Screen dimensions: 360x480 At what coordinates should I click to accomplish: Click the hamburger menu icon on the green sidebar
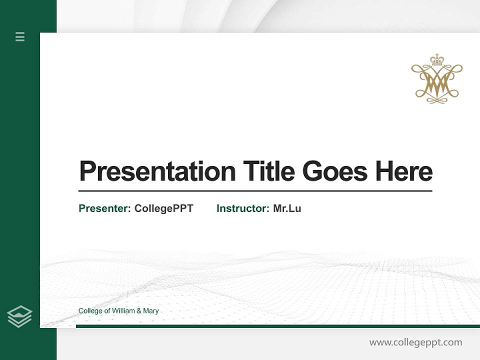coord(20,36)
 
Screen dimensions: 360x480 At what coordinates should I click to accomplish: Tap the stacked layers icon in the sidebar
coord(19,316)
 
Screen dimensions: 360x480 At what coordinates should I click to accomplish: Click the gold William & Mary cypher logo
coord(437,80)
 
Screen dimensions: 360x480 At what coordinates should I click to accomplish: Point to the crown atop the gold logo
coord(437,60)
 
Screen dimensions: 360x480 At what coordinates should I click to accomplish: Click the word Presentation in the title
coord(157,171)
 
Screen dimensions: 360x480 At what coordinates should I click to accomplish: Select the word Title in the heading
coord(268,171)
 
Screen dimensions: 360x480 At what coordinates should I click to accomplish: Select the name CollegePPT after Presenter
coord(163,208)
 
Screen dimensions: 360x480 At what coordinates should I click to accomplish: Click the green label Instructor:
coord(243,208)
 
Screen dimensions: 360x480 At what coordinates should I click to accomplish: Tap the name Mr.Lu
coord(287,208)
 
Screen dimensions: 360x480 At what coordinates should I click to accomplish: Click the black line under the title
coord(255,191)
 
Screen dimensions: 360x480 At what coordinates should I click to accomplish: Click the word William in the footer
coord(123,311)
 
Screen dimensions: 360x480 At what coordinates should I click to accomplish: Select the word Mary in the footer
coord(151,311)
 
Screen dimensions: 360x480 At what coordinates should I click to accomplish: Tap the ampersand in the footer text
coord(139,311)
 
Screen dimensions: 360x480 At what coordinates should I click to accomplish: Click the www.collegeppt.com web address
coord(415,342)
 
